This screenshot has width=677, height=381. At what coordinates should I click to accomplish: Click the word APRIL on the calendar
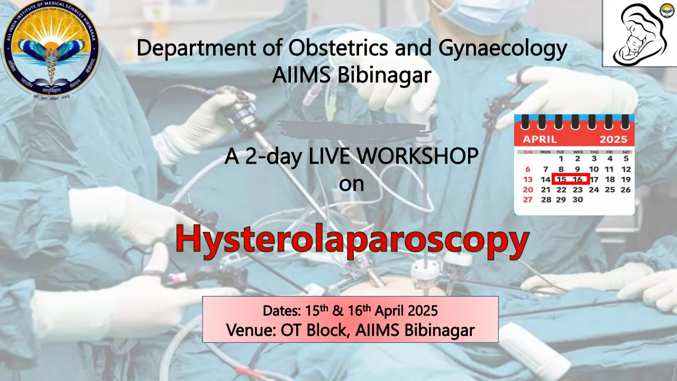tap(539, 140)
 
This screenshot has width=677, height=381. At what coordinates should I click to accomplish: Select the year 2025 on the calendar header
tap(613, 140)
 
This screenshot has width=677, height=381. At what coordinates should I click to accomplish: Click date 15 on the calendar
tap(561, 179)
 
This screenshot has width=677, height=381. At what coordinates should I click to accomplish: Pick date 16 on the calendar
tap(578, 179)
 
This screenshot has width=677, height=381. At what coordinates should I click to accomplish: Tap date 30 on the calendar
tap(578, 199)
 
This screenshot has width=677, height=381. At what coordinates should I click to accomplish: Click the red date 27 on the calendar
tap(528, 199)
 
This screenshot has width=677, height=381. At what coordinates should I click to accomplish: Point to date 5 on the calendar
tap(626, 159)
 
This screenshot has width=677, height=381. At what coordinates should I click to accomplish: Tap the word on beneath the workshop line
tap(351, 184)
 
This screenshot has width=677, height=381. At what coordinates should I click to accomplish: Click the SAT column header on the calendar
tap(627, 152)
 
